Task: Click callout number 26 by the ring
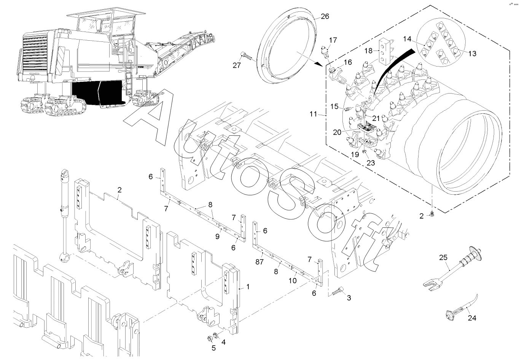click(x=325, y=16)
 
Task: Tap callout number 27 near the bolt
click(x=237, y=65)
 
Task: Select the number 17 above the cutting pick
click(x=333, y=40)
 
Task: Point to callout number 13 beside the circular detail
click(x=472, y=54)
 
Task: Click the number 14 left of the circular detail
click(x=407, y=39)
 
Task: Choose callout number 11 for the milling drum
click(x=313, y=114)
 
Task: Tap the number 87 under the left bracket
click(x=259, y=262)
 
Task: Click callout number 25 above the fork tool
click(x=443, y=257)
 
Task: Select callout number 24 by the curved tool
click(x=472, y=318)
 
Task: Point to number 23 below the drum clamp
click(x=371, y=163)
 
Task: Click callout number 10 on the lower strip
click(x=293, y=281)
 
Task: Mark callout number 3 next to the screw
click(x=349, y=298)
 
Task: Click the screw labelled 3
click(x=338, y=290)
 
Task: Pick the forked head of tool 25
click(x=432, y=286)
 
